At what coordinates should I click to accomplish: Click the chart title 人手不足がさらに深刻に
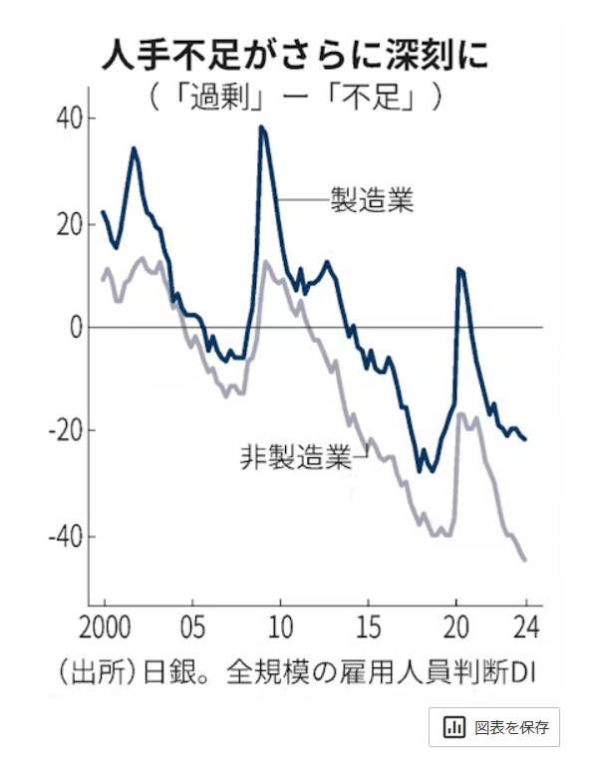[297, 55]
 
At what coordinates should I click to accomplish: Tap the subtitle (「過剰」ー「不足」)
[296, 99]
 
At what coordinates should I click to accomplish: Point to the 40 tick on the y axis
[70, 119]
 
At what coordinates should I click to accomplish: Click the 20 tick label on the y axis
[70, 223]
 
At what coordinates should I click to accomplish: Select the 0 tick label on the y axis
[76, 328]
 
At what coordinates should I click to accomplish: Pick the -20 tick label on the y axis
[66, 431]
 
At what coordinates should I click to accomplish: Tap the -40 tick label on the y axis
[66, 536]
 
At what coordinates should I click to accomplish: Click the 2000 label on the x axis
[104, 631]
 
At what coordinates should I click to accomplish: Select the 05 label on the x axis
[192, 631]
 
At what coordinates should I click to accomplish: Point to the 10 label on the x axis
[280, 631]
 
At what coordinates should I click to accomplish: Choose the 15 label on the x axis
[369, 631]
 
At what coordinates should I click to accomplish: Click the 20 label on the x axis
[456, 631]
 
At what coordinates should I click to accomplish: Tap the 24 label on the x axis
[525, 631]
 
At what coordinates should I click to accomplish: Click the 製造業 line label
[372, 200]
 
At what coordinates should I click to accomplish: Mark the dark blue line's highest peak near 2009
[261, 126]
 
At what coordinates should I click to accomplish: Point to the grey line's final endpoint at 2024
[525, 561]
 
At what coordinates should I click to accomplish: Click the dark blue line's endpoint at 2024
[525, 439]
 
